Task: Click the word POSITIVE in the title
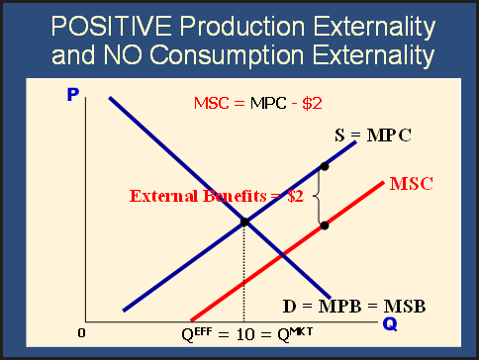112,26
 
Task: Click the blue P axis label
73,95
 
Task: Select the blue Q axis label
390,324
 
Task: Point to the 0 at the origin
81,333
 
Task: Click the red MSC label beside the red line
411,184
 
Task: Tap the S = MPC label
373,135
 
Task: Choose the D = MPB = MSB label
354,307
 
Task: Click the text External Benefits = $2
217,196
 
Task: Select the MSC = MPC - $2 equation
258,103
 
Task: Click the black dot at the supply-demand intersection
244,222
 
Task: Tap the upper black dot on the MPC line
325,166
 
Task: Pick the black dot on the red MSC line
325,225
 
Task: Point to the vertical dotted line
244,272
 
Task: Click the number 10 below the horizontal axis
245,335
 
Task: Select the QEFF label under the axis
197,334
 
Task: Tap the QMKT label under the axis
295,334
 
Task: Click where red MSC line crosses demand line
282,256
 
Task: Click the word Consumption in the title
227,55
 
